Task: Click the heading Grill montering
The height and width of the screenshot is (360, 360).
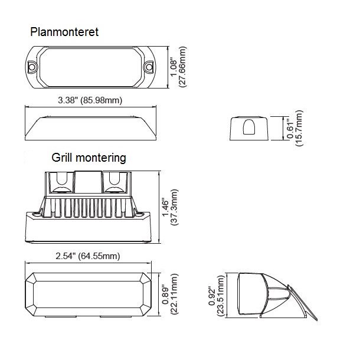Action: pos(89,158)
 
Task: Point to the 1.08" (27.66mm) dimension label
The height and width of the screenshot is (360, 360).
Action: pos(178,67)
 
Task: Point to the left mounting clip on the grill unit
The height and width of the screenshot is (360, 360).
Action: pos(60,183)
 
